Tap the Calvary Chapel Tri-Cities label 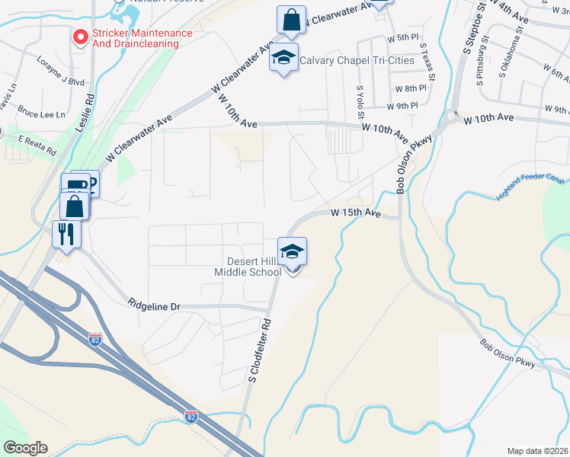tap(357, 60)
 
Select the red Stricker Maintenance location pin tap(78, 37)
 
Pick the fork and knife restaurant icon tap(66, 232)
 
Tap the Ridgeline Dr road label tap(154, 306)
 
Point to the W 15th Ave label tap(355, 214)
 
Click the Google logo tap(25, 448)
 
